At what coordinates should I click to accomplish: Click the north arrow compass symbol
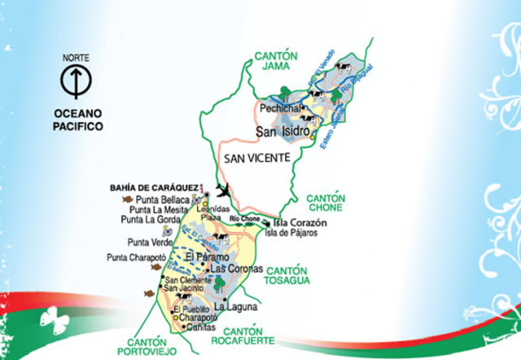click(74, 81)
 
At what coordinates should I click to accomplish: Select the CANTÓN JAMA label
click(276, 62)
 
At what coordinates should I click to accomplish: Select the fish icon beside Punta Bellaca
click(127, 198)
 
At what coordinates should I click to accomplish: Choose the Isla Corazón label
click(300, 222)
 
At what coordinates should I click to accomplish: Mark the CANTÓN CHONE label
click(326, 203)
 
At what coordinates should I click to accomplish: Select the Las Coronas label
click(236, 269)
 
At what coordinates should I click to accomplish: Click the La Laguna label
click(236, 307)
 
